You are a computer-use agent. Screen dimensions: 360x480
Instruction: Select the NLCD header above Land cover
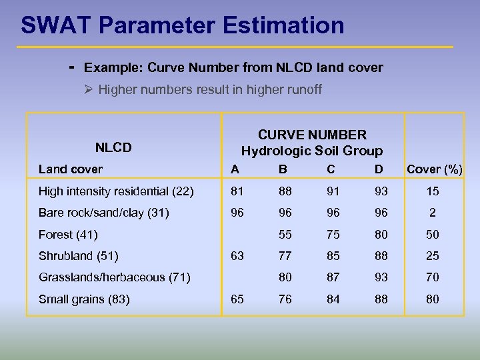pyautogui.click(x=113, y=147)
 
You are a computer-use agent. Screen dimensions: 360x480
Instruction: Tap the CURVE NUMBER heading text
pyautogui.click(x=312, y=135)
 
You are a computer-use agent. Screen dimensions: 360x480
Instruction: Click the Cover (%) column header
pyautogui.click(x=435, y=169)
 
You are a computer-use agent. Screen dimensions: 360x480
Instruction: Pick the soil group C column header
pyautogui.click(x=331, y=169)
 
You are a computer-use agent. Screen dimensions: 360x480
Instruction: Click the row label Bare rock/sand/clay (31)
pyautogui.click(x=104, y=213)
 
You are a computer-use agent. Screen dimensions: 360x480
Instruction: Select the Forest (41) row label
pyautogui.click(x=68, y=234)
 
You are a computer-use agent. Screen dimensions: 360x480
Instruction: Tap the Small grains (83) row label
pyautogui.click(x=84, y=299)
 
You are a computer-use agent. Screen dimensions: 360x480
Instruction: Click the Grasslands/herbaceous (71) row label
pyautogui.click(x=115, y=277)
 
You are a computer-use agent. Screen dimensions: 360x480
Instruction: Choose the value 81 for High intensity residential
pyautogui.click(x=237, y=191)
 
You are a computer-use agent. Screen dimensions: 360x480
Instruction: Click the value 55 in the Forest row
pyautogui.click(x=285, y=234)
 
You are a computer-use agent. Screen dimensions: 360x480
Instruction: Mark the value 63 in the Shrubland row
pyautogui.click(x=237, y=255)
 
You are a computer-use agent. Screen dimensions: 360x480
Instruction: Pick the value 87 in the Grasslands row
pyautogui.click(x=331, y=277)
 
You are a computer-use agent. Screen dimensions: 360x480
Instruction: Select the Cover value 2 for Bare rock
pyautogui.click(x=433, y=213)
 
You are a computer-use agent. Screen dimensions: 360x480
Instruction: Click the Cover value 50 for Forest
pyautogui.click(x=433, y=234)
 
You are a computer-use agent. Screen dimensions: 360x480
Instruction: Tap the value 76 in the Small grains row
pyautogui.click(x=285, y=299)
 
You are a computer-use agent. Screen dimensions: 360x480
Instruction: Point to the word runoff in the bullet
pyautogui.click(x=303, y=89)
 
